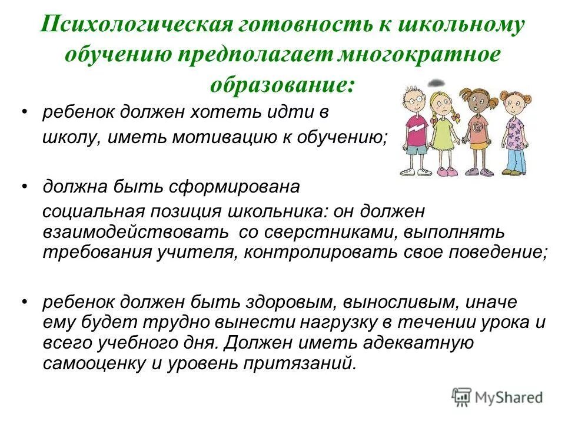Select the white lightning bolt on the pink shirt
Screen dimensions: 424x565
[416, 126]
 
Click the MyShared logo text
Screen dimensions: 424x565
[511, 397]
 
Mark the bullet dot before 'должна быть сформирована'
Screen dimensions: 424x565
[24, 187]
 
